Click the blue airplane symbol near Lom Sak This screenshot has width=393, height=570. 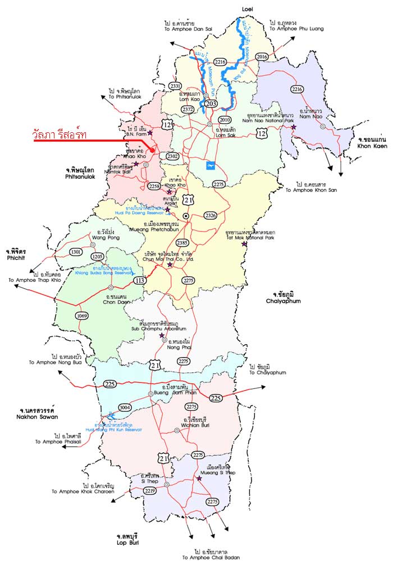pos(211,165)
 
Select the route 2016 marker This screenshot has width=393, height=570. pos(262,57)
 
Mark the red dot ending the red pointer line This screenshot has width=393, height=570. pos(153,151)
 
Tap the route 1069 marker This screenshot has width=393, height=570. pos(82,316)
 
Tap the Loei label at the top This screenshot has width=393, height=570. pos(248,10)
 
